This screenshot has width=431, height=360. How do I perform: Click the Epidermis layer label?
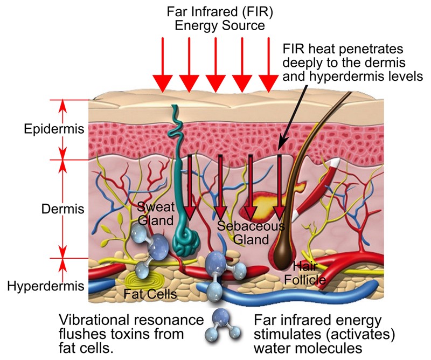[54, 129]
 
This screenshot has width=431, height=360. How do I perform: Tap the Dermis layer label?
[62, 209]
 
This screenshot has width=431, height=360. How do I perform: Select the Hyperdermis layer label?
[46, 286]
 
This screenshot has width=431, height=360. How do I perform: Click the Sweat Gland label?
[156, 213]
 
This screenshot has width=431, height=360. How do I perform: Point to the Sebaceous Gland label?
[251, 233]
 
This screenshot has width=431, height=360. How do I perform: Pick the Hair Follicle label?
[305, 273]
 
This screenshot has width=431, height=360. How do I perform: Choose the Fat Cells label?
[150, 294]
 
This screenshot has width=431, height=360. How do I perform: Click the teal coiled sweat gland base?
[186, 243]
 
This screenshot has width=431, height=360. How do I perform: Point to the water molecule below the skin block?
[222, 324]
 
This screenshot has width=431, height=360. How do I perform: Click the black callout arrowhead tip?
[279, 150]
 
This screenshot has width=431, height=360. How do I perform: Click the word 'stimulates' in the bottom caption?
[287, 334]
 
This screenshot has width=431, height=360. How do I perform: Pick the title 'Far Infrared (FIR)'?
[220, 12]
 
